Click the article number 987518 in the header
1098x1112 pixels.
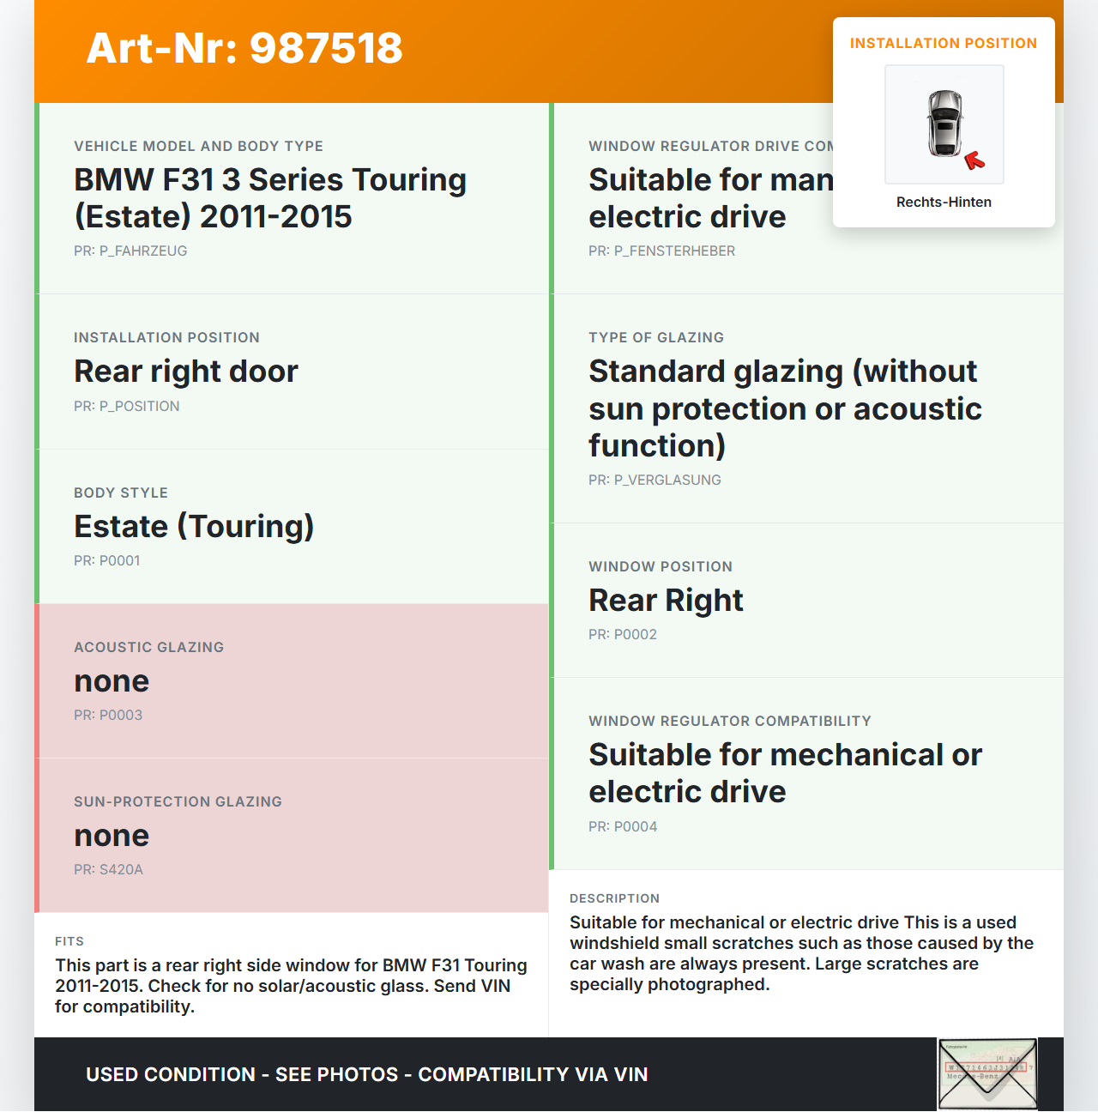click(x=244, y=48)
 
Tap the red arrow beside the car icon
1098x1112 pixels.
click(x=974, y=160)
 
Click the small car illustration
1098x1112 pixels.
click(x=944, y=124)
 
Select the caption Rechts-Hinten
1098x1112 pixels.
click(x=944, y=202)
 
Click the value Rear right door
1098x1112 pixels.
click(x=186, y=372)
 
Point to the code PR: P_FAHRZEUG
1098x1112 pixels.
click(x=130, y=251)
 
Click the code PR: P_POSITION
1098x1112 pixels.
click(x=127, y=407)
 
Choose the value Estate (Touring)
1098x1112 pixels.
click(x=194, y=527)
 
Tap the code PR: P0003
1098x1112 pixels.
click(x=108, y=716)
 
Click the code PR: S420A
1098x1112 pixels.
click(x=108, y=870)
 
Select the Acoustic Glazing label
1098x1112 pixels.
click(x=148, y=648)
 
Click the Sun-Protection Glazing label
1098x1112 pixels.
click(x=178, y=802)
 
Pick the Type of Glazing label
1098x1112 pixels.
click(x=656, y=338)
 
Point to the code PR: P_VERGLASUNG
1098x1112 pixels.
click(x=655, y=480)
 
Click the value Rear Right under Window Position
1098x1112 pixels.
click(x=666, y=601)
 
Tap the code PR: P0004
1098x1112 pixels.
click(x=623, y=827)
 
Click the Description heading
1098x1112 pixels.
click(x=614, y=899)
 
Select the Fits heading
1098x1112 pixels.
click(x=69, y=942)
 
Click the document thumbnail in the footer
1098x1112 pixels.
click(x=987, y=1074)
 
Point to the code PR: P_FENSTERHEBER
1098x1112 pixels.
click(x=661, y=251)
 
